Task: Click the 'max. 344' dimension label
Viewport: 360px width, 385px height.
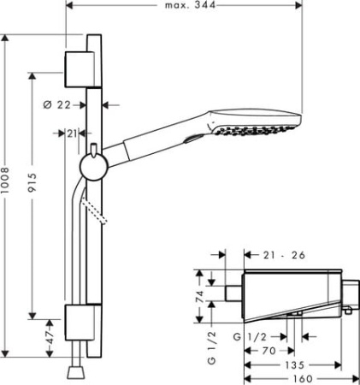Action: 190,5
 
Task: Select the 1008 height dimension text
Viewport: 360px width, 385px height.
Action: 5,181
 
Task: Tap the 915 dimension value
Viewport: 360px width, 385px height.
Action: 32,182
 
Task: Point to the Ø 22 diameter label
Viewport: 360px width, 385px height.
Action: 56,105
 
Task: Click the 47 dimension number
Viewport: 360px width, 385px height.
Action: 50,338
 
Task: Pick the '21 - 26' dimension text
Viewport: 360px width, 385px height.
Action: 284,255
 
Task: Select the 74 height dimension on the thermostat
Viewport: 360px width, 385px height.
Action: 200,297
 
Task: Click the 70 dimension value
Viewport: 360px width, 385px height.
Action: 269,351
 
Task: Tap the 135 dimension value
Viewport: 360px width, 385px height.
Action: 294,365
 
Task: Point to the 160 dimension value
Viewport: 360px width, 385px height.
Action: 303,379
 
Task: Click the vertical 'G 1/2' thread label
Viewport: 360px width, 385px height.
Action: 212,348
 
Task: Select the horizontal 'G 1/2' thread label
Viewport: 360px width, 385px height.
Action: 250,337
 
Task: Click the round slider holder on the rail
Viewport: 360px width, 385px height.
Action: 94,167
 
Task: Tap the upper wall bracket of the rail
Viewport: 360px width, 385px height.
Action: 83,69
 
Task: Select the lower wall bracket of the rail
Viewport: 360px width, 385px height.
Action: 83,323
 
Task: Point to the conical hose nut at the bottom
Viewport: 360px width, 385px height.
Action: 76,372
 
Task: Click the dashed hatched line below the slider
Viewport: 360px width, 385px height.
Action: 93,210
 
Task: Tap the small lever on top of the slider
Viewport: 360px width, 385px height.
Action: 93,151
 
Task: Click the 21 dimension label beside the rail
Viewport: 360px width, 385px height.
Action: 72,133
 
